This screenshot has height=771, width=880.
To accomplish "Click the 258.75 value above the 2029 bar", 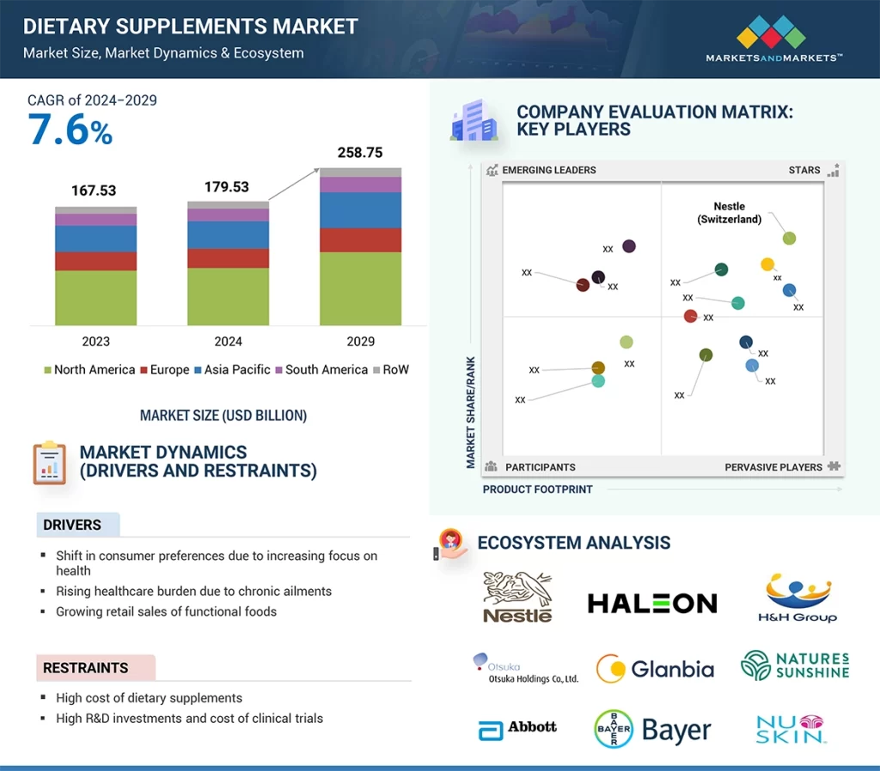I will point(360,152).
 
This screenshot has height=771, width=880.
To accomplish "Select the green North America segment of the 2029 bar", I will point(360,288).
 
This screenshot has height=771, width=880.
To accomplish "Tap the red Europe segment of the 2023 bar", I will point(95,261).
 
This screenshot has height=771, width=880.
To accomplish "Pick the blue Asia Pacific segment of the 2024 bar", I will point(228,234).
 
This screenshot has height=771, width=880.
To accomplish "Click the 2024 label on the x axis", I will point(228,342).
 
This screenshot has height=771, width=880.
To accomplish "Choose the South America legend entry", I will point(321,370).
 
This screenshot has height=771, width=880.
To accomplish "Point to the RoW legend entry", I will point(391,370).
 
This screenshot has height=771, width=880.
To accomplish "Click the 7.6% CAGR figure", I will point(70,131).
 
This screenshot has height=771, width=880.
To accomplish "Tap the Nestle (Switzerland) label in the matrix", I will point(729,213).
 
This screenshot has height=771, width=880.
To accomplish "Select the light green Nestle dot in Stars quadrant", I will point(789,238).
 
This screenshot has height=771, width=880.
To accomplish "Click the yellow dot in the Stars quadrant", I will point(767,264).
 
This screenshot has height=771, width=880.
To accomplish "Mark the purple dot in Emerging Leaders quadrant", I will point(628,246).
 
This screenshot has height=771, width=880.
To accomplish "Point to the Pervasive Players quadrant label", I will point(773,467).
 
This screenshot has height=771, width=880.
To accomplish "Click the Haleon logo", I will point(651,604).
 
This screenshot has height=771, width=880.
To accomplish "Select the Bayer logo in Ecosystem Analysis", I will point(654,731).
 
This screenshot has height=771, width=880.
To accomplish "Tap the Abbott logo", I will point(517,729).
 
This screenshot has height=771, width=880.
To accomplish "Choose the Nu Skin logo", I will point(791,729).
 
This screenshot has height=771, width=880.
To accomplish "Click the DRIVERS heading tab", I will point(73,525).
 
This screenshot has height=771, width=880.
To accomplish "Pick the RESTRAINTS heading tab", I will point(86,667).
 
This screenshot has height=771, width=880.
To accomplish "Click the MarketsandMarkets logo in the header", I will point(773,39).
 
